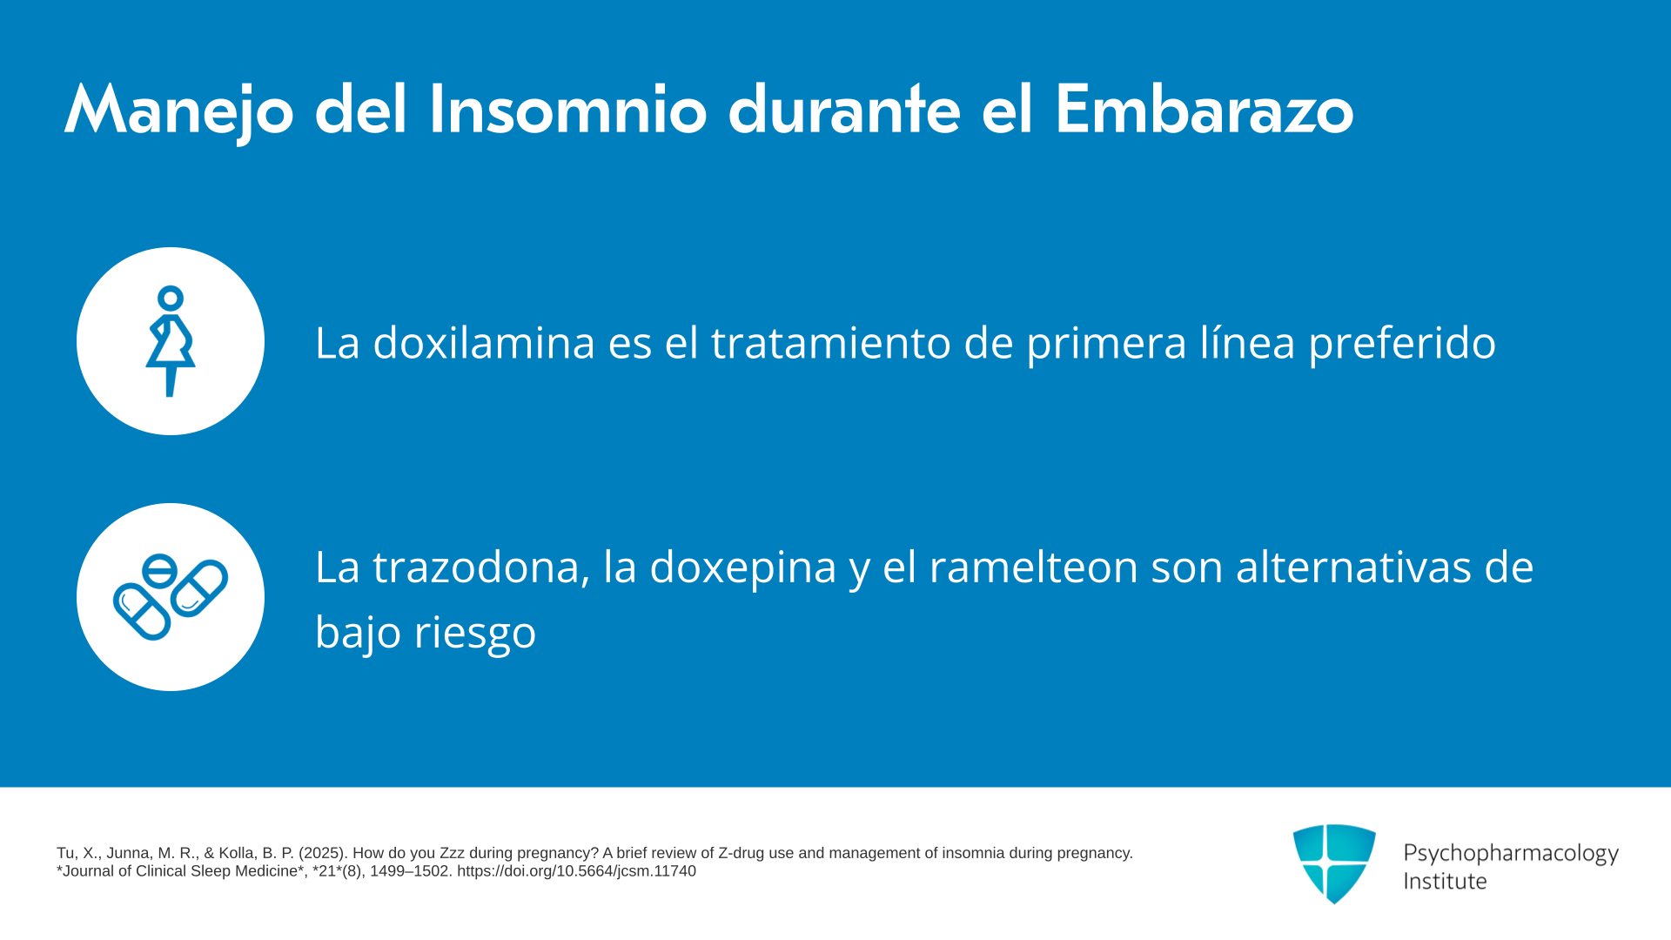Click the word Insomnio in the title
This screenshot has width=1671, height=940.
pyautogui.click(x=567, y=110)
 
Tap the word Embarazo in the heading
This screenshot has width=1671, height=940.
pyautogui.click(x=1205, y=110)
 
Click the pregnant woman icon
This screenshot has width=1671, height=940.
pyautogui.click(x=171, y=341)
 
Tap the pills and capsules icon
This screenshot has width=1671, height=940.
pyautogui.click(x=171, y=597)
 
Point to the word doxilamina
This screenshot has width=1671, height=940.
pyautogui.click(x=484, y=342)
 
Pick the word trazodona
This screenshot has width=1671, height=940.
pyautogui.click(x=481, y=567)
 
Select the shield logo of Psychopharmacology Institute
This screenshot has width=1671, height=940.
pyautogui.click(x=1334, y=863)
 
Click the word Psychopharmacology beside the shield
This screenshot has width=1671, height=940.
pyautogui.click(x=1511, y=854)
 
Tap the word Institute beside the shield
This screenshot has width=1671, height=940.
pyautogui.click(x=1446, y=881)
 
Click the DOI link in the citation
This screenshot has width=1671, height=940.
pyautogui.click(x=576, y=871)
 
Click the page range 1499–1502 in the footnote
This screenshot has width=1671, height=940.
pyautogui.click(x=409, y=871)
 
